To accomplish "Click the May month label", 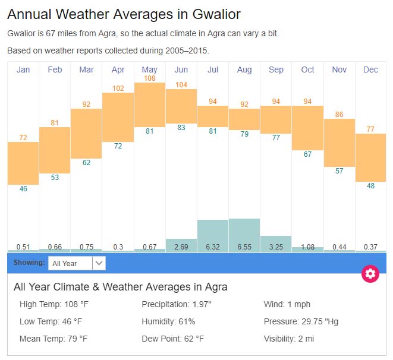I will coord(150,70).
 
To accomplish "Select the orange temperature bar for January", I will coord(23,163).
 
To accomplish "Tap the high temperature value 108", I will coord(150,78).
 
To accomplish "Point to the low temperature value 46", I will coord(23,189).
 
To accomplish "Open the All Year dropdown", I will coord(77,263).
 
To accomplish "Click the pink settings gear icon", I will coord(370,273).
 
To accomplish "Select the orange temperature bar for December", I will coord(371,157).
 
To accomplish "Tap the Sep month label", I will coord(276,70).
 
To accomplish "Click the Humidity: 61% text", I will coord(168,321).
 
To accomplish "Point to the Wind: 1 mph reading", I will coord(287,305).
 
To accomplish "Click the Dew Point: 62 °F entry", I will coord(173,339).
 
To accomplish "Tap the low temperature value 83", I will coord(181,128).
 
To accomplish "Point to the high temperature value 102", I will coord(118,89).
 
